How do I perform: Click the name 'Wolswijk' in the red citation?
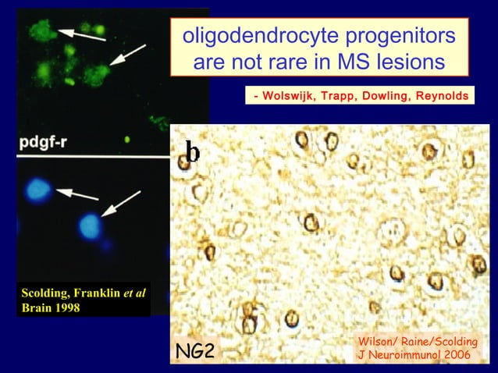289,96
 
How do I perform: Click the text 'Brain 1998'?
51,307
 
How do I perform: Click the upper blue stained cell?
37,187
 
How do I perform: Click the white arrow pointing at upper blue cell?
76,194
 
